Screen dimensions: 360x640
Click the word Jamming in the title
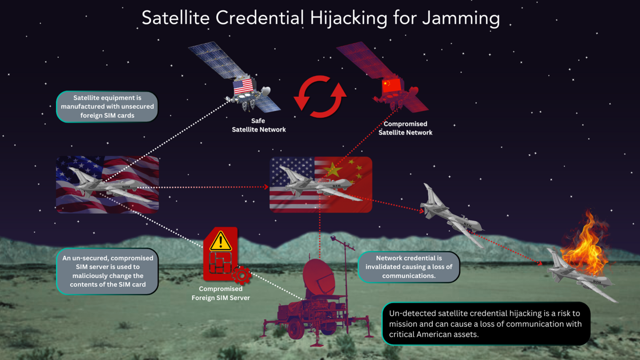(x=461, y=18)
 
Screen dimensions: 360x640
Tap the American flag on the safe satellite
(x=243, y=86)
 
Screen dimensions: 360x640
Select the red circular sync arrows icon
(x=320, y=97)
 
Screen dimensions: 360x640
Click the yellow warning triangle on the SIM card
(x=221, y=242)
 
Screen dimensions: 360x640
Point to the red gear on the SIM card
(x=242, y=275)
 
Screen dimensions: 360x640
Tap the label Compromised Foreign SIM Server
(x=221, y=293)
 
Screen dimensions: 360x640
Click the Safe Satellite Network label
(x=259, y=125)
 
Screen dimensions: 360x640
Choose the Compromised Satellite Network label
(x=405, y=128)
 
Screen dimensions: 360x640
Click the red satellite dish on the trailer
(x=318, y=277)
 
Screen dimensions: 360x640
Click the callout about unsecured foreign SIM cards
(x=107, y=107)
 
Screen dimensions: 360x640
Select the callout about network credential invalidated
(x=409, y=267)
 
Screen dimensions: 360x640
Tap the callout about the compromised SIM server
(x=107, y=271)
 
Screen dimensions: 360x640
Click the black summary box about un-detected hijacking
(x=486, y=324)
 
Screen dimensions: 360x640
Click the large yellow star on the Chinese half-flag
(x=332, y=170)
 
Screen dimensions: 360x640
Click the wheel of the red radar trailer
(x=296, y=328)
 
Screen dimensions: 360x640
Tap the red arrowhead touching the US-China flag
(x=266, y=187)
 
